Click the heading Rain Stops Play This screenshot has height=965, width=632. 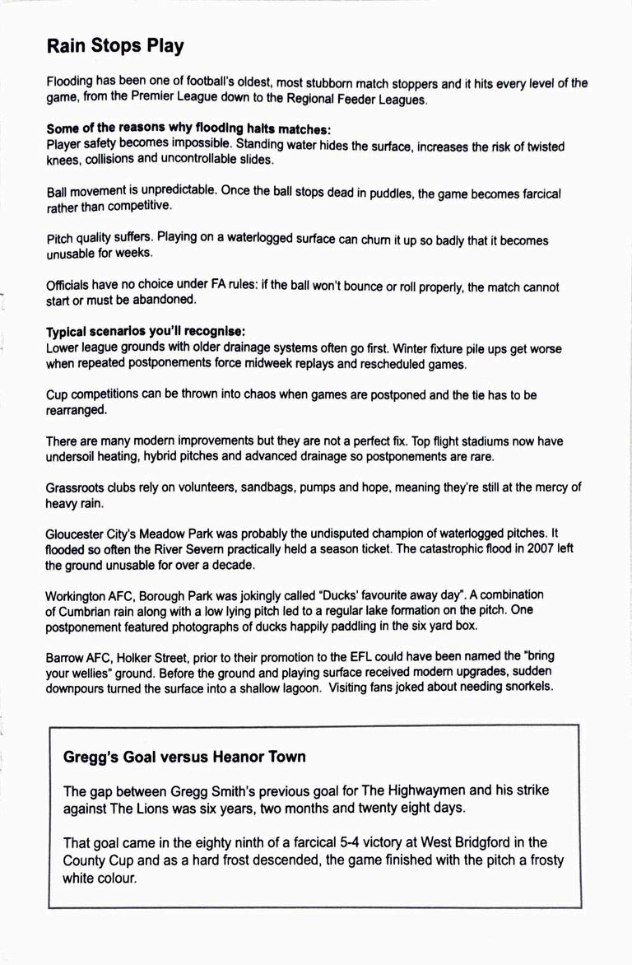click(x=115, y=46)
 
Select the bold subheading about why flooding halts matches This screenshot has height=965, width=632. click(x=188, y=128)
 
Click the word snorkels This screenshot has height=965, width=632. click(x=525, y=687)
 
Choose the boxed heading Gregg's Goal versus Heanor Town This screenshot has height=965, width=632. click(x=184, y=756)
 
